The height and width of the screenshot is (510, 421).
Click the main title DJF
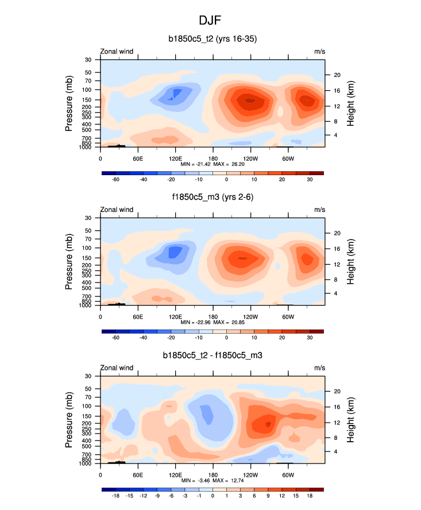pyautogui.click(x=210, y=20)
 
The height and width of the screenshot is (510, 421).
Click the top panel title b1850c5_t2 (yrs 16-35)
pyautogui.click(x=212, y=39)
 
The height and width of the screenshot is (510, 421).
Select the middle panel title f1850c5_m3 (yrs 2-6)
pyautogui.click(x=212, y=197)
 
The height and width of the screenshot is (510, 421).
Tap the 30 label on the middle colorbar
pyautogui.click(x=310, y=338)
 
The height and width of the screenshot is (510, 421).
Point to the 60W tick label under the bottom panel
pyautogui.click(x=288, y=474)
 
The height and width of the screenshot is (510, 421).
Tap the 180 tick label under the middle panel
pyautogui.click(x=213, y=316)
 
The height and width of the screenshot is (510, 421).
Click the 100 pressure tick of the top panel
pyautogui.click(x=88, y=90)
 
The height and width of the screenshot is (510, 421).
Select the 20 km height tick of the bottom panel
pyautogui.click(x=337, y=391)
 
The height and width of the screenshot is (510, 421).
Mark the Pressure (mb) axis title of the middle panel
pyautogui.click(x=69, y=261)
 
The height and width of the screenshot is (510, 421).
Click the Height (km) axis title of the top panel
pyautogui.click(x=350, y=103)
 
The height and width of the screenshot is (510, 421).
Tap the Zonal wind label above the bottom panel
pyautogui.click(x=117, y=368)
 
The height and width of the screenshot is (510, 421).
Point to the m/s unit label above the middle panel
pyautogui.click(x=319, y=210)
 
